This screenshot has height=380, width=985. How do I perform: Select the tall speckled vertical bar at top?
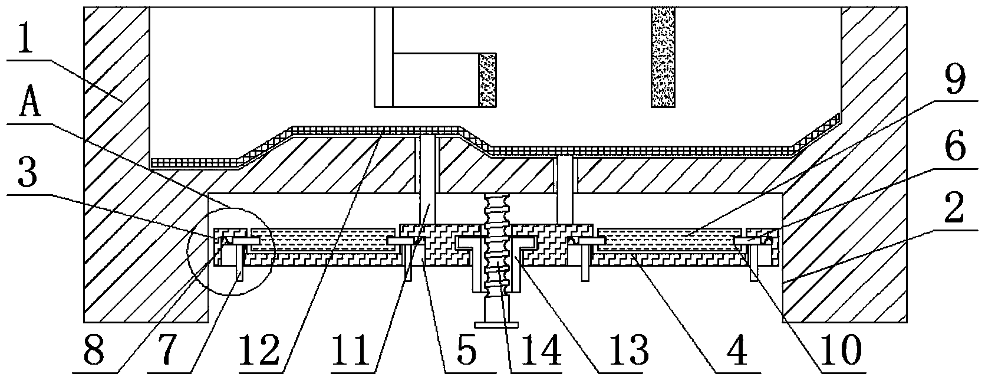pos(663,57)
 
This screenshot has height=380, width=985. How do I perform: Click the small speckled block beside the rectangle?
pos(487,80)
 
